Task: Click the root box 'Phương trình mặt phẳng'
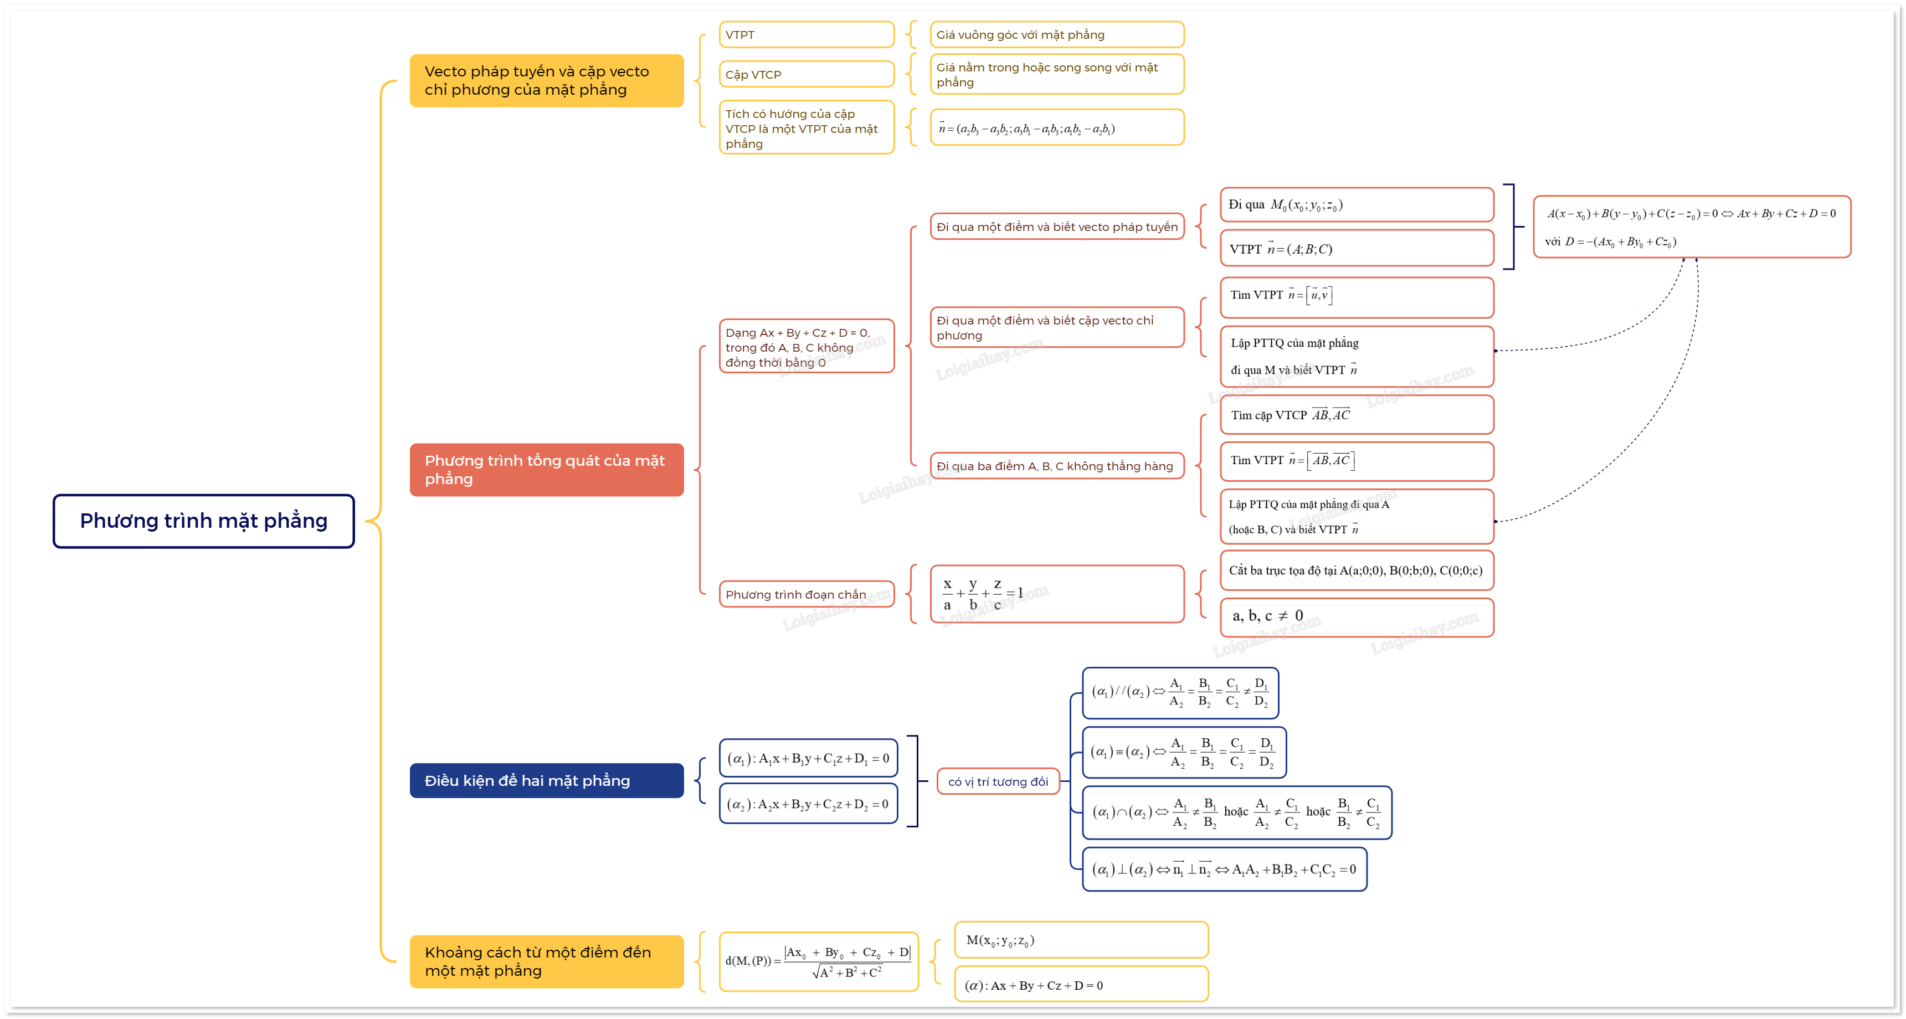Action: pyautogui.click(x=203, y=521)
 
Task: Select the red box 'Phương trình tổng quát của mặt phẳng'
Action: pyautogui.click(x=546, y=470)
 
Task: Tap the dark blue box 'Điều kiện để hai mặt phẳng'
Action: pyautogui.click(x=546, y=781)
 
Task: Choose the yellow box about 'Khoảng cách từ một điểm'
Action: pyautogui.click(x=546, y=961)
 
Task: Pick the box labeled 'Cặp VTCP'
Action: pyautogui.click(x=806, y=74)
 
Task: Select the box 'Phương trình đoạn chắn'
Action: pyautogui.click(x=806, y=594)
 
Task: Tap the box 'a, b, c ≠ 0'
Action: pyautogui.click(x=1357, y=616)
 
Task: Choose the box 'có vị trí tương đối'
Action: pyautogui.click(x=998, y=781)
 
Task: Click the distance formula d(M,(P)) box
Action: pyautogui.click(x=818, y=961)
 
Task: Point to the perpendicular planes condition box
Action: pyautogui.click(x=1224, y=869)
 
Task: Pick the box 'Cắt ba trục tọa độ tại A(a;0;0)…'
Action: pyautogui.click(x=1357, y=570)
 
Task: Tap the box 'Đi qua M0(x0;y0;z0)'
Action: pyautogui.click(x=1357, y=205)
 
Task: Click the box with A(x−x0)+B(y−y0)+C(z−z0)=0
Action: pyautogui.click(x=1692, y=227)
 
